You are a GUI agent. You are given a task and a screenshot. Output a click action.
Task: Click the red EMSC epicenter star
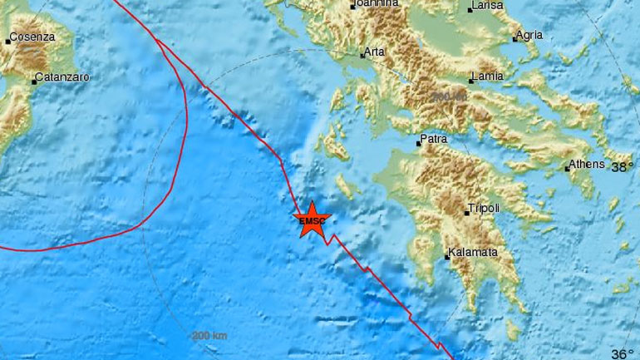pyautogui.click(x=312, y=219)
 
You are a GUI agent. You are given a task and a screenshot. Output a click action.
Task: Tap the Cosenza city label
pyautogui.click(x=32, y=37)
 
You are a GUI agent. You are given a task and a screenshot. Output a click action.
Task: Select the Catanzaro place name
pyautogui.click(x=62, y=77)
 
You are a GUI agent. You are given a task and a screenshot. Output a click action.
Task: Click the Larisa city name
pyautogui.click(x=487, y=7)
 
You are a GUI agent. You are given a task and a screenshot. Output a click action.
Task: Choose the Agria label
pyautogui.click(x=529, y=35)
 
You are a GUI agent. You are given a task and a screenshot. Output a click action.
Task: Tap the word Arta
pyautogui.click(x=374, y=52)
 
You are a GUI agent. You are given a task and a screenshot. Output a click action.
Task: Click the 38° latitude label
pyautogui.click(x=623, y=167)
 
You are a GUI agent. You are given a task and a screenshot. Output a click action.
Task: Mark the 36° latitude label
pyautogui.click(x=623, y=353)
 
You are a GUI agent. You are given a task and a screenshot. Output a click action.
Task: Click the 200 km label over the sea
pyautogui.click(x=209, y=336)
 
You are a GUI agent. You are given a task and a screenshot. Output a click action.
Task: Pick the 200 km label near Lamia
pyautogui.click(x=450, y=97)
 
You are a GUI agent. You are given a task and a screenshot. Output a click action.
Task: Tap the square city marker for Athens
pyautogui.click(x=567, y=169)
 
